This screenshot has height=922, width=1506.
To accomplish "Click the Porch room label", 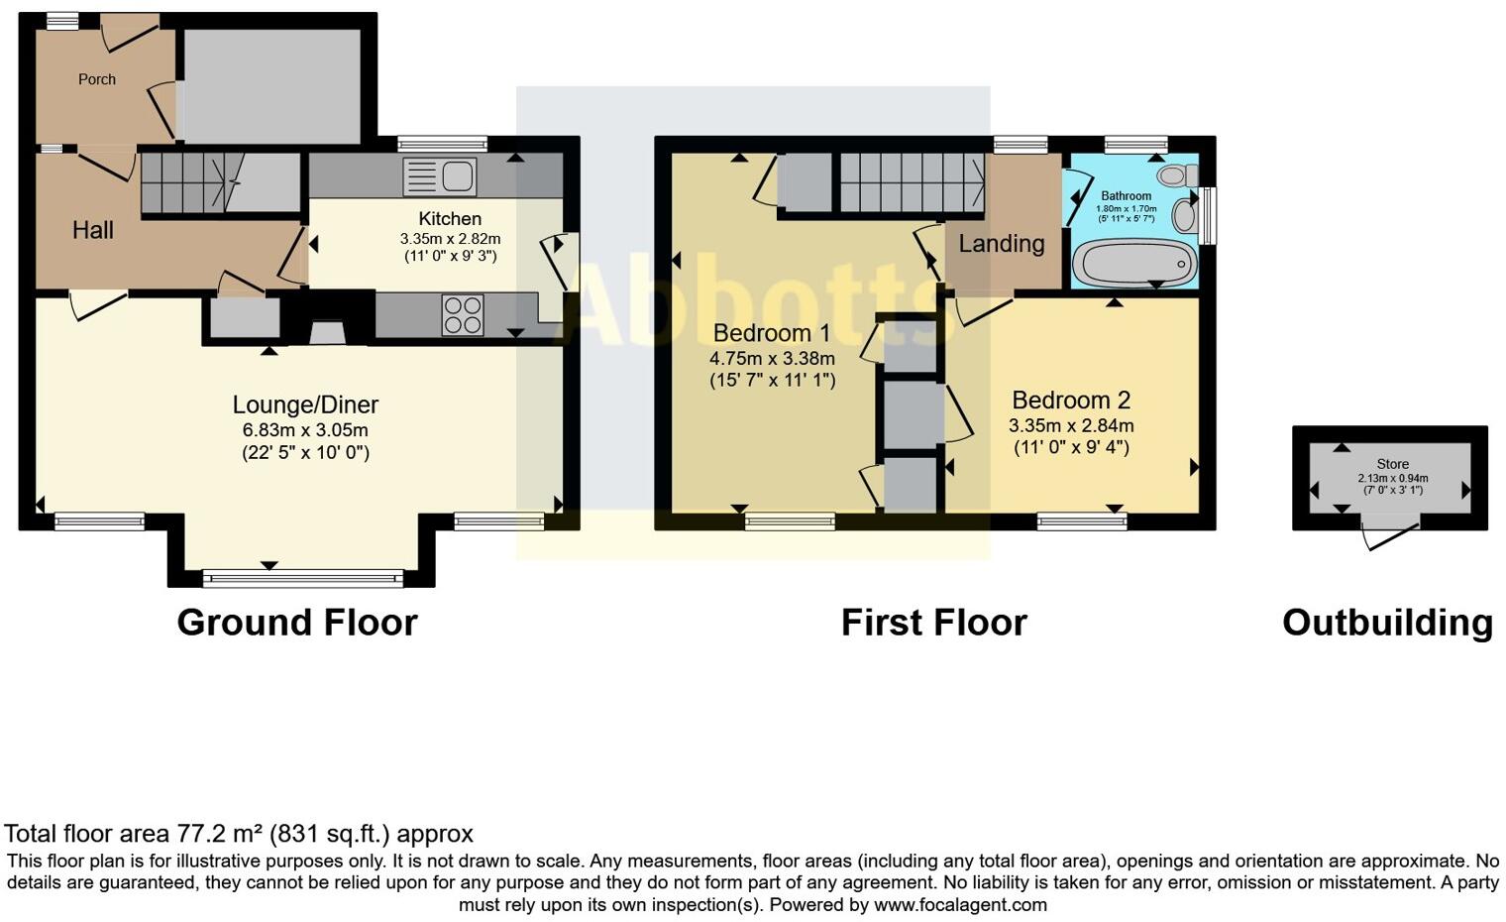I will tap(97, 79).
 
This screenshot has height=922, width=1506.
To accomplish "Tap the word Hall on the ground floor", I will tap(93, 230).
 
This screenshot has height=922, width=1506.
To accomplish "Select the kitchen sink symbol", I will tap(440, 176).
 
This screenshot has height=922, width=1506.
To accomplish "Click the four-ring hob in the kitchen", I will tap(464, 315).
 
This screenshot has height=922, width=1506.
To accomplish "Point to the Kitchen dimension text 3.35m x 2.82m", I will tap(450, 239).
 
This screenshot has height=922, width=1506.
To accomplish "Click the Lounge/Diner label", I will tap(305, 404).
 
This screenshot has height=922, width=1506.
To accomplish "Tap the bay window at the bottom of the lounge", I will tap(302, 577).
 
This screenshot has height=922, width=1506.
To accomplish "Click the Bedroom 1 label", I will tap(772, 332).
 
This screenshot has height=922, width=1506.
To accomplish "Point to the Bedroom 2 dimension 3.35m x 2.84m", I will tap(1071, 425).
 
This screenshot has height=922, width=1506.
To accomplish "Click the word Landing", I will tap(1001, 244).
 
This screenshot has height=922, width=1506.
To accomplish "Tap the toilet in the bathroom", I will tap(1173, 175).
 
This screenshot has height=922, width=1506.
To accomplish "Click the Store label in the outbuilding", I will tap(1392, 464).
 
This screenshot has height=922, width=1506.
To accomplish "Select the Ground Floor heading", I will tap(297, 623).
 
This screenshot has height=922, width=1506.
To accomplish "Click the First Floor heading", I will tap(933, 623).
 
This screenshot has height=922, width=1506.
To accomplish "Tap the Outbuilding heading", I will tap(1387, 623).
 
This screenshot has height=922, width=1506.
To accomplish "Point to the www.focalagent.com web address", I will tap(960, 904).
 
